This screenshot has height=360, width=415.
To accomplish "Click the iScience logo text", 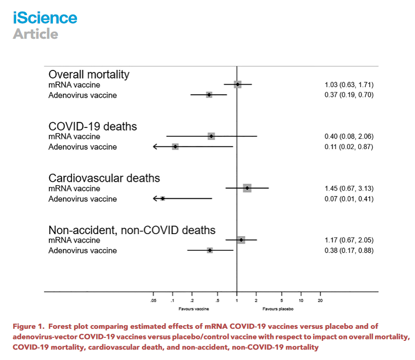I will coord(45,18).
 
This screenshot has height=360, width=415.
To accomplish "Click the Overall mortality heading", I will coord(89,75).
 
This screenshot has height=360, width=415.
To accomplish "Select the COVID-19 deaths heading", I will coord(92,126).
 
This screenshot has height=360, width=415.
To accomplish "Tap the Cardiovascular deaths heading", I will coord(104,178).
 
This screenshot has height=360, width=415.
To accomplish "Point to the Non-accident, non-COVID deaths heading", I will coord(132,230).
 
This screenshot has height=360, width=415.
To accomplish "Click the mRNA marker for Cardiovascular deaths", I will coord(247,188).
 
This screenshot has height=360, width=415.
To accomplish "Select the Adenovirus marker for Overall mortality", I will coord(209,95).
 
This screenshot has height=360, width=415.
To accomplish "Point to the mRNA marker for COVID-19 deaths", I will coord(212,136).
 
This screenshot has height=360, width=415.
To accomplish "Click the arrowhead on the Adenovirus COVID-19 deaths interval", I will coord(156,147).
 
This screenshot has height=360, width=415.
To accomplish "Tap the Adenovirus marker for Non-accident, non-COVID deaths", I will coord(210,250).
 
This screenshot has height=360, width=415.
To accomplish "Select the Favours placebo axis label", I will coord(278,308).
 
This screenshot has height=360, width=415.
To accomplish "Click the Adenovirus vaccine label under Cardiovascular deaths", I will coord(82,199).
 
